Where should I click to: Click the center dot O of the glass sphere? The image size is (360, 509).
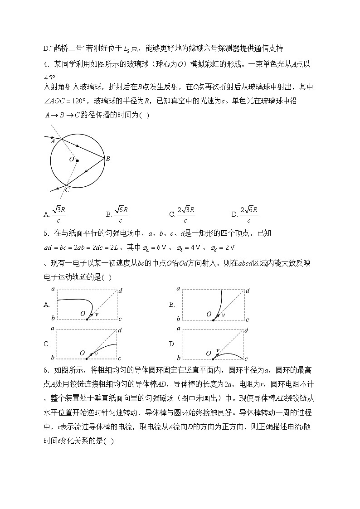[x=77, y=160]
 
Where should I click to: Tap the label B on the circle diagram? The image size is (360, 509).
[x=108, y=159]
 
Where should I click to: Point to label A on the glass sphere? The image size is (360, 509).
[x=53, y=141]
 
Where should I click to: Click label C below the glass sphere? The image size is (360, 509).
[x=67, y=190]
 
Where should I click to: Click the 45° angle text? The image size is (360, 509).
[x=50, y=77]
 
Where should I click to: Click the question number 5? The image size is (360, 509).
[x=46, y=234]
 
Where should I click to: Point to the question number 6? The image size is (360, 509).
[x=46, y=372]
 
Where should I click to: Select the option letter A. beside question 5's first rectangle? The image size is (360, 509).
[x=47, y=305]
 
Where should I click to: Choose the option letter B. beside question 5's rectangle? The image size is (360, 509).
[x=172, y=305]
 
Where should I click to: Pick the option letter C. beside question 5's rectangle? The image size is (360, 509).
[x=47, y=344]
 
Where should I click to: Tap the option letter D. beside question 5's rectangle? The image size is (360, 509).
[x=172, y=344]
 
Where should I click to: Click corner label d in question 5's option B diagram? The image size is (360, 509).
[x=248, y=291]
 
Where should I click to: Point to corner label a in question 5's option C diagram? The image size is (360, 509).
[x=53, y=328]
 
